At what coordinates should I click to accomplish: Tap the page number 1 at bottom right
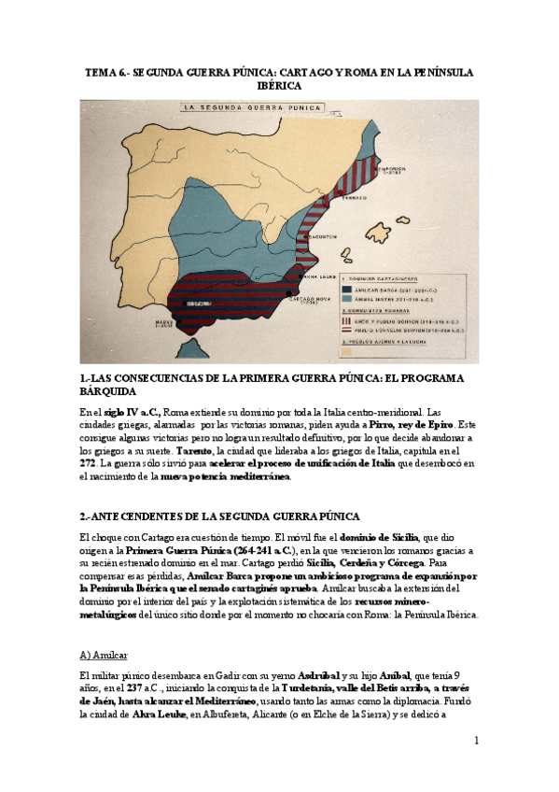tap(476, 741)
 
